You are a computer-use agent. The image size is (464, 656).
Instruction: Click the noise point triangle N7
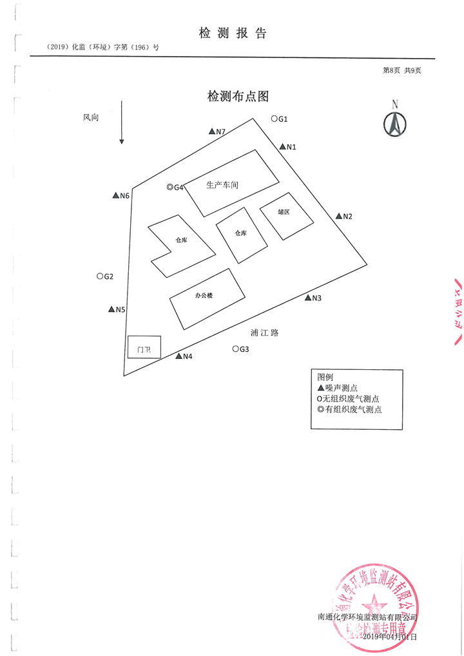(212, 131)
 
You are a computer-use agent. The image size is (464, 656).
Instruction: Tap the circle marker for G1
(274, 119)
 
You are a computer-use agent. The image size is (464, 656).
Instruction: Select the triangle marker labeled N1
(282, 147)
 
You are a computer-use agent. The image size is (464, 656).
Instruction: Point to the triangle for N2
(338, 217)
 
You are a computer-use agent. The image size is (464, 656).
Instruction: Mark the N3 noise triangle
(307, 298)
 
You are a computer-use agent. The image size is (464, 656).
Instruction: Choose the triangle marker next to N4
(179, 356)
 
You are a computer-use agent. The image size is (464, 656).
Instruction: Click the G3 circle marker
(235, 349)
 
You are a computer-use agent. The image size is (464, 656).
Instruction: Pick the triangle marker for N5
(111, 309)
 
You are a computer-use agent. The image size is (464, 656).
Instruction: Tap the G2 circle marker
(100, 276)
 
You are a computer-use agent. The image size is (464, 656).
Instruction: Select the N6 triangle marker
(116, 195)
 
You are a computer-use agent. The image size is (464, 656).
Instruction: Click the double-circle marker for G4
(169, 188)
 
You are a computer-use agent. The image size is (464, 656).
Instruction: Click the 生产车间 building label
(222, 185)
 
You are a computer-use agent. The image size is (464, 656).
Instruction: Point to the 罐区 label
(284, 212)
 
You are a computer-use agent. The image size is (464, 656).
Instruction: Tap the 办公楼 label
(204, 295)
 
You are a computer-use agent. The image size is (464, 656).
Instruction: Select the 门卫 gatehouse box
(144, 349)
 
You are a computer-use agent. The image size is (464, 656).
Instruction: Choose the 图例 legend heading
(325, 376)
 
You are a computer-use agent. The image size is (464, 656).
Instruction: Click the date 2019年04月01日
(391, 637)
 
